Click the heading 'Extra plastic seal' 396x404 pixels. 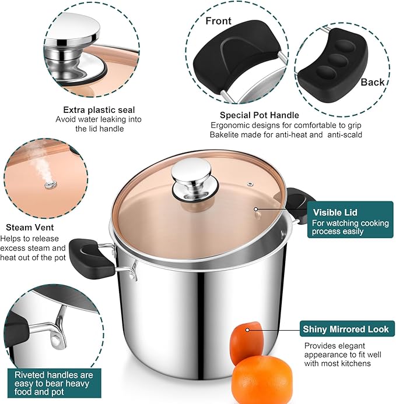99,109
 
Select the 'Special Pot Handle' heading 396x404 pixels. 260,115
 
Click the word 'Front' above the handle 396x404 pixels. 218,21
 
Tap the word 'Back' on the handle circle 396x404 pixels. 373,82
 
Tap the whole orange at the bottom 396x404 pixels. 262,379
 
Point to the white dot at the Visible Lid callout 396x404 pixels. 254,208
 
